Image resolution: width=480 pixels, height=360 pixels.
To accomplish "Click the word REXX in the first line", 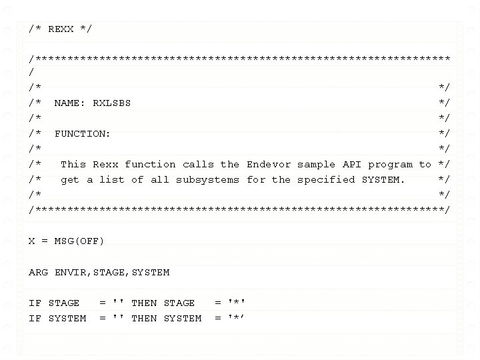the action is click(61, 29).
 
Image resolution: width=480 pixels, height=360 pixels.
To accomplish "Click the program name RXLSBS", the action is click(111, 103).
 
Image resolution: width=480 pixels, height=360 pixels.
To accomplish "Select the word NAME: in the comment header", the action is click(70, 103).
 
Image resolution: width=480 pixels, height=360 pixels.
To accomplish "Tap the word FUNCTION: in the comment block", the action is click(83, 133).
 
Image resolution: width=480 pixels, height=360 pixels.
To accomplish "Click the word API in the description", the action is click(352, 164).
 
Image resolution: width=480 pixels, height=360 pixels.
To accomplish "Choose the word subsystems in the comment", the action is click(207, 179).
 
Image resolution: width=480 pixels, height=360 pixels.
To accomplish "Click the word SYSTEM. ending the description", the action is click(383, 179).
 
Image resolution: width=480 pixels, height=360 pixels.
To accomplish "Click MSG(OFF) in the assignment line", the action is click(79, 241).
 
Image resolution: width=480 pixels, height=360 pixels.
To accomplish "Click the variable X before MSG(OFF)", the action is click(31, 241).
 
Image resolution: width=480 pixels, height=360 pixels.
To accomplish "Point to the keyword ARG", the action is click(38, 272).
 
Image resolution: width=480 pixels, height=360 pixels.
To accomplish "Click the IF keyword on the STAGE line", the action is click(35, 303).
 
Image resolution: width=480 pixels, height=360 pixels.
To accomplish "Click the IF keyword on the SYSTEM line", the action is click(35, 318).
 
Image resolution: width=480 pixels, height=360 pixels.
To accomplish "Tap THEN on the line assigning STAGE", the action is click(144, 303).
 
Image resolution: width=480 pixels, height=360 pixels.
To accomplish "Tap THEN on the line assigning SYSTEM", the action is click(144, 318).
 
